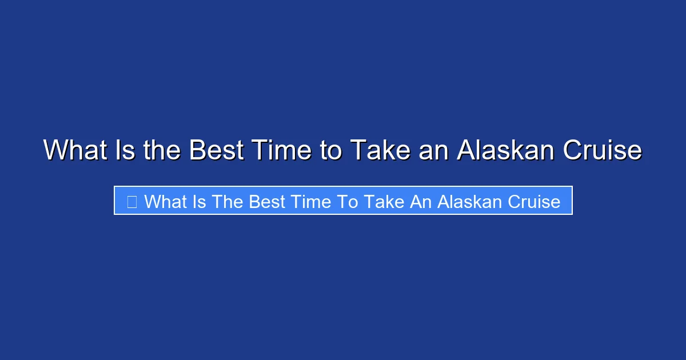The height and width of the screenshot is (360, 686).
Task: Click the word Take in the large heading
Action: click(378, 150)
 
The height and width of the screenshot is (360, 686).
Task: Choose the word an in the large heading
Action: click(433, 150)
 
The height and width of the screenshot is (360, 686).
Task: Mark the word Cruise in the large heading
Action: click(603, 150)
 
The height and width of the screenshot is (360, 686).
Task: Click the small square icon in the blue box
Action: click(131, 201)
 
